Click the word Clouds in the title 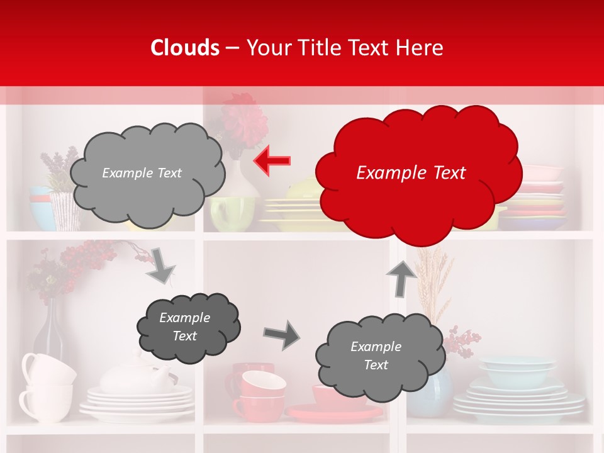coord(185,48)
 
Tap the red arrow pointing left coord(272,161)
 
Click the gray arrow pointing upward coord(401,278)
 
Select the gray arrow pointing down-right coord(160,267)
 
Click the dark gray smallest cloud coord(188,327)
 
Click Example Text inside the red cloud coord(411,173)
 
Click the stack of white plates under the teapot coord(138,403)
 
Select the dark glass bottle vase coord(48,333)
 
